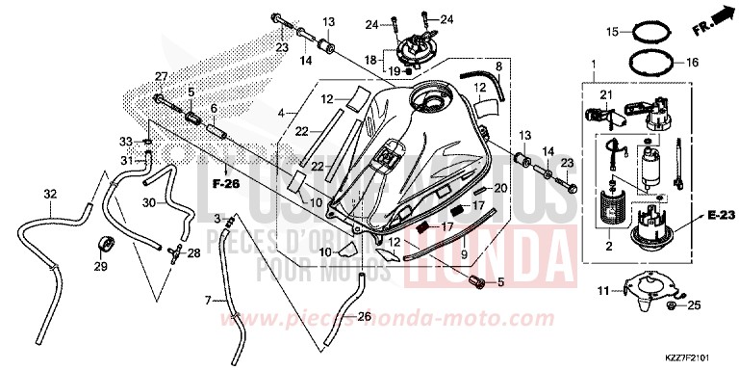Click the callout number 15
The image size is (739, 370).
[x=610, y=32]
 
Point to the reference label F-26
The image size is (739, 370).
[x=226, y=183]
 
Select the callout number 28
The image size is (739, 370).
[x=194, y=252]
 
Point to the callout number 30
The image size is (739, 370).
[x=148, y=203]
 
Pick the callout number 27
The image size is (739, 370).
[x=162, y=77]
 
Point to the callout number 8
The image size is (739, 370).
[x=498, y=66]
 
